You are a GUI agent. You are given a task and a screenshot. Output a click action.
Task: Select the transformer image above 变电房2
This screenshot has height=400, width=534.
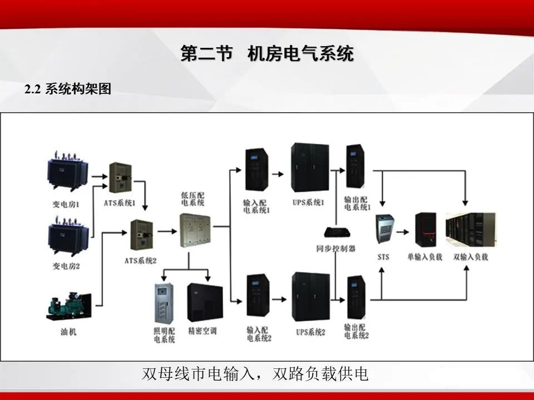[x=68, y=237]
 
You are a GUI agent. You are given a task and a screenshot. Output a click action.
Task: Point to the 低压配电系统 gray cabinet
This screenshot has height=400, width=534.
[x=195, y=229]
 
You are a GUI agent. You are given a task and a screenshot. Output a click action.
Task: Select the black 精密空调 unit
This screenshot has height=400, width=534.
[x=205, y=303]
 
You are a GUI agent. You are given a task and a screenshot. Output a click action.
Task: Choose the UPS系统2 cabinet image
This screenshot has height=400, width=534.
[x=309, y=298]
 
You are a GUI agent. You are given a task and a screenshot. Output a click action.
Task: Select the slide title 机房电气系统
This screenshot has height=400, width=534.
[x=300, y=54]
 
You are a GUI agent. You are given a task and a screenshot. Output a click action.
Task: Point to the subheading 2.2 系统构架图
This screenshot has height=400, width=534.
[x=68, y=89]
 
